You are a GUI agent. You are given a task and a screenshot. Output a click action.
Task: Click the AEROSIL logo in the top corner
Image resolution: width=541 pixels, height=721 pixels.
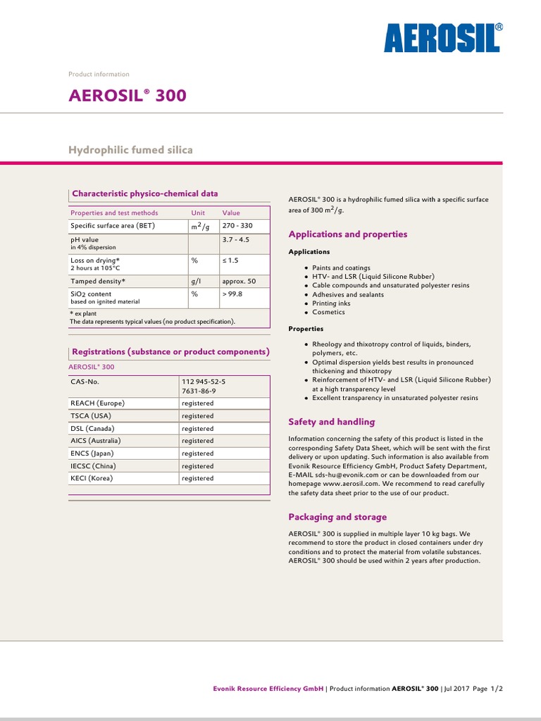click(x=442, y=37)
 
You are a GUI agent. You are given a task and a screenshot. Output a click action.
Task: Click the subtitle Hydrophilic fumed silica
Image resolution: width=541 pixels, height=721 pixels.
click(x=130, y=150)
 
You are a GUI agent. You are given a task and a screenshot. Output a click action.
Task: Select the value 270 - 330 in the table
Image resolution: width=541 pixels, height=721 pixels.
click(x=237, y=226)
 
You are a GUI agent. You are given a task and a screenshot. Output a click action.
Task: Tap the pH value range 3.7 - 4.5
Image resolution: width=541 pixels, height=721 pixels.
click(x=235, y=239)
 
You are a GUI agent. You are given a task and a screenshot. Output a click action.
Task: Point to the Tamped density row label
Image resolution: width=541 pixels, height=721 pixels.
click(x=97, y=281)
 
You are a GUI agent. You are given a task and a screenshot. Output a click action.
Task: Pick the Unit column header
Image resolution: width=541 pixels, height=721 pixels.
click(x=198, y=213)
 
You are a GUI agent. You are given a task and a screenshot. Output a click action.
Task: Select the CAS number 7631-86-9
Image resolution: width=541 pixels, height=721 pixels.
click(x=199, y=391)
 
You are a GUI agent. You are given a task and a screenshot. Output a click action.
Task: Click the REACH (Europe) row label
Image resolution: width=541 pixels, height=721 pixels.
click(x=97, y=403)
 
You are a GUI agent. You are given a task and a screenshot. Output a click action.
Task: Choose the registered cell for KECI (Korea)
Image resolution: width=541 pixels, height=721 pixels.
click(x=197, y=478)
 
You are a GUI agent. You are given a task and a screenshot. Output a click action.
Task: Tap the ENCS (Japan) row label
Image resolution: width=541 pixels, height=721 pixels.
click(x=92, y=453)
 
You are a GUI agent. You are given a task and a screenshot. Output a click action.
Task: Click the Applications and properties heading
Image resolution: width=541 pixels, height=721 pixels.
click(x=348, y=234)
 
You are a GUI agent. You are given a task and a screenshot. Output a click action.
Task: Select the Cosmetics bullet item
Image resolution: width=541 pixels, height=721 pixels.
click(x=329, y=312)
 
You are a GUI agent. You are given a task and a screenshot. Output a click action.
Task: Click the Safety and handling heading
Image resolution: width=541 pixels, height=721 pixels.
click(x=332, y=422)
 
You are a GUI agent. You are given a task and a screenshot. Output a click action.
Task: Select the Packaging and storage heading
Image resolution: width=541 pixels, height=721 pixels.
click(x=337, y=517)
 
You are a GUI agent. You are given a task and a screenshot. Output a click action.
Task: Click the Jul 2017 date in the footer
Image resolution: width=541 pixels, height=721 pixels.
click(x=459, y=689)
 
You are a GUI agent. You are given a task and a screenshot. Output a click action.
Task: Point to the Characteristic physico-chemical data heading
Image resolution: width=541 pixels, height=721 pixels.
click(x=145, y=194)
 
